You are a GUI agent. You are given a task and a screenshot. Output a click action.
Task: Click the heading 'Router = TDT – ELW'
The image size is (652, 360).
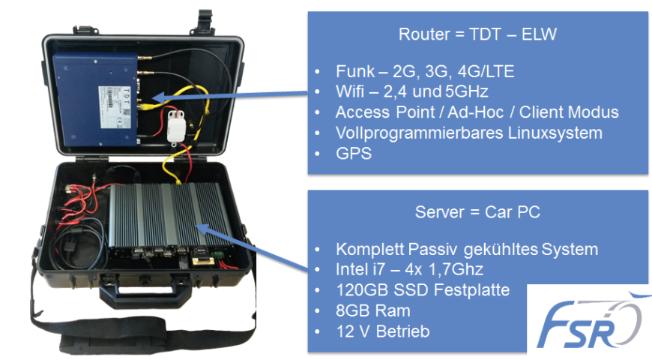coord(477,35)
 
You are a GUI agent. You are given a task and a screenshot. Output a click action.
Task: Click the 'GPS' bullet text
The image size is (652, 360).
coord(351,153)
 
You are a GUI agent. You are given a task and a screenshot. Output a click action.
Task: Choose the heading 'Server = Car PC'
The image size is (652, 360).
coord(477,212)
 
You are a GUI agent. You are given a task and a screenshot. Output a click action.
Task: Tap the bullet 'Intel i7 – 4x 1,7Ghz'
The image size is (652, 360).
coord(408,269)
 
